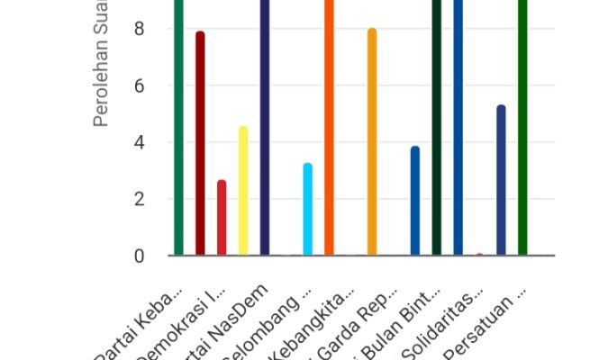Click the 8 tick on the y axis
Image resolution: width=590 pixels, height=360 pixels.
pos(139,30)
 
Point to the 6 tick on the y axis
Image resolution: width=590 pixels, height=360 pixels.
pos(139,86)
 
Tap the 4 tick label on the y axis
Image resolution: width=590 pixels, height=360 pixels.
pos(139,143)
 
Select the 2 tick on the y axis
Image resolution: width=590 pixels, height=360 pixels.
pos(139,200)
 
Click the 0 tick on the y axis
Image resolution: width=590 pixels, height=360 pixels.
pos(139,256)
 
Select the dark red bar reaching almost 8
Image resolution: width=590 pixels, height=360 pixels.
pos(200,144)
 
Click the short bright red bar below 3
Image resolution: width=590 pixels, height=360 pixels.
pos(222,219)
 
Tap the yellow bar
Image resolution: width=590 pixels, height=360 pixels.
pos(243,192)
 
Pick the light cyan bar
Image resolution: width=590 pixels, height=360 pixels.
pos(308,210)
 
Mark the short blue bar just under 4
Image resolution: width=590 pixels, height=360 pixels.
pos(415,202)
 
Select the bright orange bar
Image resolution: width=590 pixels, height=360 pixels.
pos(329,126)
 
